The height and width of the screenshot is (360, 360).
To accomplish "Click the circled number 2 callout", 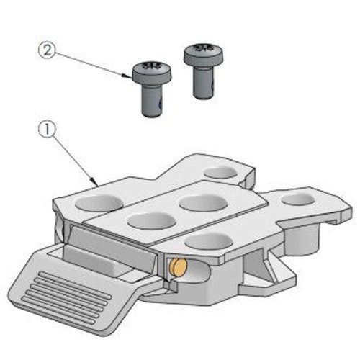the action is pos(47,50).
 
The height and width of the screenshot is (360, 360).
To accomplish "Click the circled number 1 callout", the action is pos(47,130).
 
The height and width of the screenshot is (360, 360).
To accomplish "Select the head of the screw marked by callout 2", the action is pos(152,73).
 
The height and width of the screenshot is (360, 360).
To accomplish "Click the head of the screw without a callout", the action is pos(204,55).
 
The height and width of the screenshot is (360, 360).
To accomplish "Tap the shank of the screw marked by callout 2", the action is pos(153,99).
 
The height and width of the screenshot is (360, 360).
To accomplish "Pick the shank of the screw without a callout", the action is pos(204,82).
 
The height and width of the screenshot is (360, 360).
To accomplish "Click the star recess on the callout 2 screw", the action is pos(151,66).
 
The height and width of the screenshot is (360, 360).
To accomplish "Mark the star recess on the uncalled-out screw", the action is pos(203,48).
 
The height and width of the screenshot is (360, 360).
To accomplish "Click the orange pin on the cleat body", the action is pos(177,268).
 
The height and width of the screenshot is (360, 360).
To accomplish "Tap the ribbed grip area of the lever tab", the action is pos(66,297).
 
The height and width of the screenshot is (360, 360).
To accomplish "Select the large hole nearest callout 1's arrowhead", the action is pos(99,203).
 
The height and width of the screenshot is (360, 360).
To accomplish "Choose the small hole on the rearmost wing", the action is pos(220,172).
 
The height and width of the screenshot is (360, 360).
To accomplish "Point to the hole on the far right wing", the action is pos(297,199).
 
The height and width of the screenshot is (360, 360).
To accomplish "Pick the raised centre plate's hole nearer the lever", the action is pos(152,220).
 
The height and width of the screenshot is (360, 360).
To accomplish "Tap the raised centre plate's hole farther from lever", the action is pos(203,202).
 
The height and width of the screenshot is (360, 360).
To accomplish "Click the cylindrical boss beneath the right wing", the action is pos(302,239).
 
